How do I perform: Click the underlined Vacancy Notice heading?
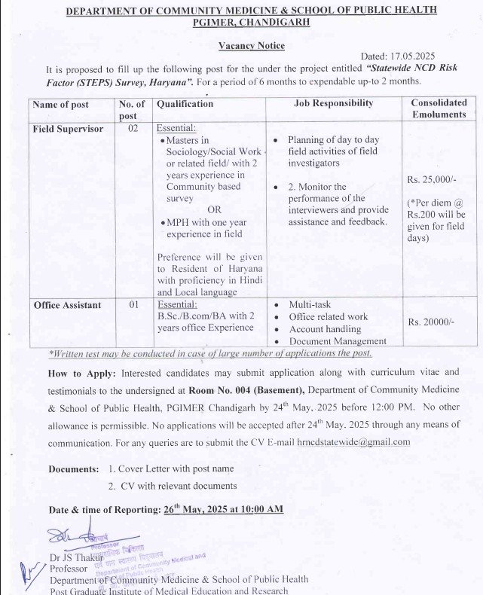pos(252,46)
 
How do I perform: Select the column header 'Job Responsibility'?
pos(333,103)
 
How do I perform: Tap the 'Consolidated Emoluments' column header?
pos(439,108)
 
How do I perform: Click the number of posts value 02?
pos(133,129)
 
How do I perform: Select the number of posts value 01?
pos(133,305)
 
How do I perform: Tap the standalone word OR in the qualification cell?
pos(215,210)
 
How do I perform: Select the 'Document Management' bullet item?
pos(337,342)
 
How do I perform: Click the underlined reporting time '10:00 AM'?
pos(258,509)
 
